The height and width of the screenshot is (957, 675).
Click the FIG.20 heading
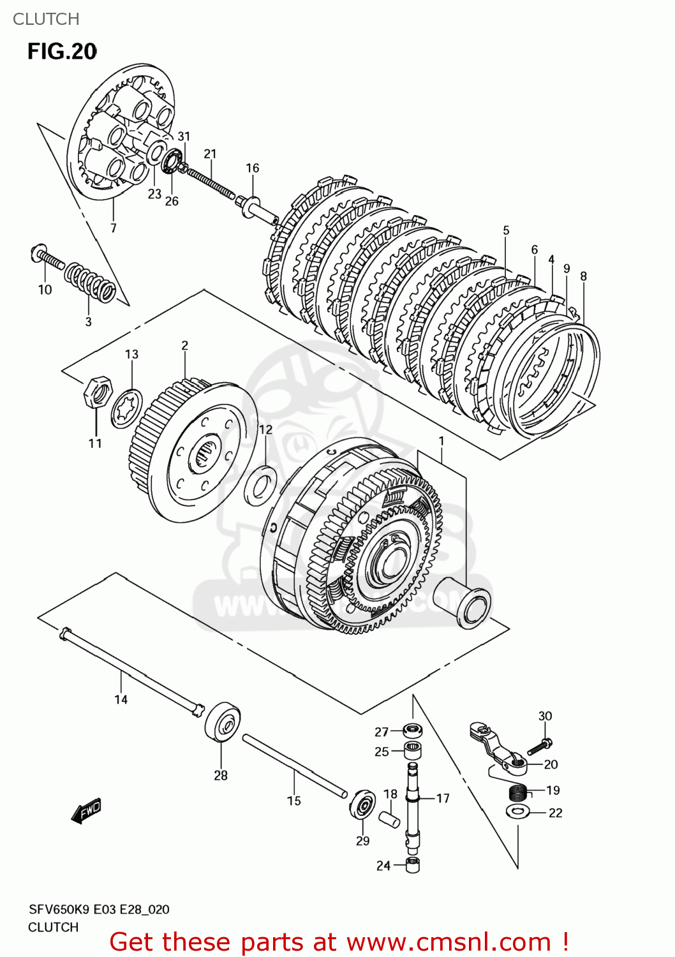[62, 52]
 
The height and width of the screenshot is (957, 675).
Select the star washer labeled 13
[126, 409]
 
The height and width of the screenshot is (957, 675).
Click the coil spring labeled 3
[90, 283]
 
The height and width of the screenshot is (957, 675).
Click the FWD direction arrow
[86, 812]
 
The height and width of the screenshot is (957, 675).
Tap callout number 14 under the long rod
[121, 700]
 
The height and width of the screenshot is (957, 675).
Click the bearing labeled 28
[223, 722]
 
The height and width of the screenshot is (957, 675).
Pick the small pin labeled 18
[389, 819]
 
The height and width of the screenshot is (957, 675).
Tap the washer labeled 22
[517, 812]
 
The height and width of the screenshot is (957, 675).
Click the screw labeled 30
[540, 746]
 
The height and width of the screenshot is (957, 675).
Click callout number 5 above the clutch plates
[506, 230]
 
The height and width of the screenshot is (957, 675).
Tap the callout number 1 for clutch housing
[441, 441]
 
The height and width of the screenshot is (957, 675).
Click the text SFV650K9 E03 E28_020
[99, 910]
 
